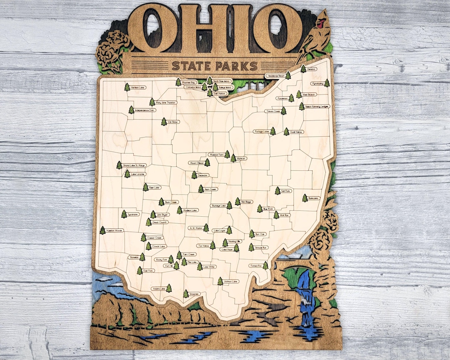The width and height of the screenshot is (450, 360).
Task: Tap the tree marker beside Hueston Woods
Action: (x=102, y=230)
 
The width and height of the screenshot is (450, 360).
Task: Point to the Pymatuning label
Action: (x=317, y=84)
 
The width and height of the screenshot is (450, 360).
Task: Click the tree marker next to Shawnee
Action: (x=186, y=294)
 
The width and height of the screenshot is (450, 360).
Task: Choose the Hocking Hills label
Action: (x=235, y=241)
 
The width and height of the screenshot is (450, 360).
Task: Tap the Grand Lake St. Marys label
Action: (x=134, y=165)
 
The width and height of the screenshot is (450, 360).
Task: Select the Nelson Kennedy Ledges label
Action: (x=317, y=107)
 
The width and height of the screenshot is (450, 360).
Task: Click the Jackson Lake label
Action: (x=230, y=282)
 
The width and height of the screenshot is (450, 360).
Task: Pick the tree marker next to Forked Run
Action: (x=265, y=265)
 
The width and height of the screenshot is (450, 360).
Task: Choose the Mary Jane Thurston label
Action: (x=166, y=102)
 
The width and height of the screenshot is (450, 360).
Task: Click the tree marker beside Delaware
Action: (x=194, y=175)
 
